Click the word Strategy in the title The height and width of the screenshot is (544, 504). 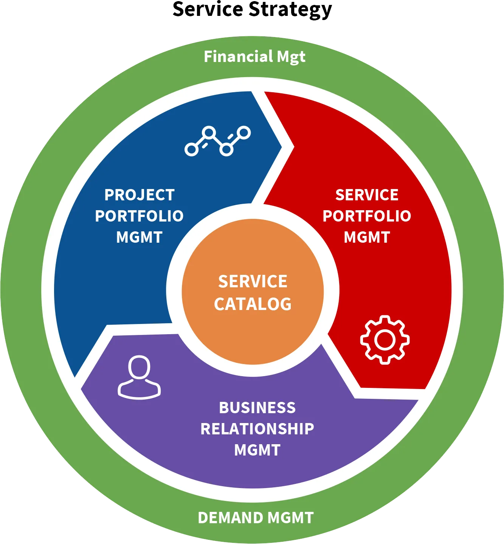click(x=290, y=10)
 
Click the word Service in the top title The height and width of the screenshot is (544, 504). click(x=208, y=9)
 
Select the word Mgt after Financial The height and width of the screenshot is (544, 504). click(x=291, y=57)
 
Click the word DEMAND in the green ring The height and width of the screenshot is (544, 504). click(x=231, y=518)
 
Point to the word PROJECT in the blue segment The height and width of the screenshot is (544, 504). click(x=140, y=195)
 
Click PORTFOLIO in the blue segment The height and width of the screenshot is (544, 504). click(x=139, y=216)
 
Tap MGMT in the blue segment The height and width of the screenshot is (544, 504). click(x=139, y=237)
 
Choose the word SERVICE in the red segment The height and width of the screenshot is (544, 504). click(x=367, y=195)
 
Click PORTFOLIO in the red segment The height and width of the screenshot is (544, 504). click(x=367, y=216)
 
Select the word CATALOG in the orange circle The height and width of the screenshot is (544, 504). click(x=253, y=304)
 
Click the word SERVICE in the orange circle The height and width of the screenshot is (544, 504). click(x=253, y=281)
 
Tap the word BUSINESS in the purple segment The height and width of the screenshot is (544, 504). click(x=257, y=408)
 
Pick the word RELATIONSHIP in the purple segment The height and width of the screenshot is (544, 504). click(x=257, y=429)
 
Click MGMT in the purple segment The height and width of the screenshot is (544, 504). click(x=257, y=450)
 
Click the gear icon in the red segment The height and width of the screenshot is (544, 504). click(x=385, y=339)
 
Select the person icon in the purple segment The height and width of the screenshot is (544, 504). click(x=139, y=377)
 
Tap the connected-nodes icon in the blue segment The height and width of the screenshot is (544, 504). click(x=218, y=141)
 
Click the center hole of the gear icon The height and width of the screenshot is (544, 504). click(x=385, y=339)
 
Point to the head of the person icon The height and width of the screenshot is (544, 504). click(x=139, y=367)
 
